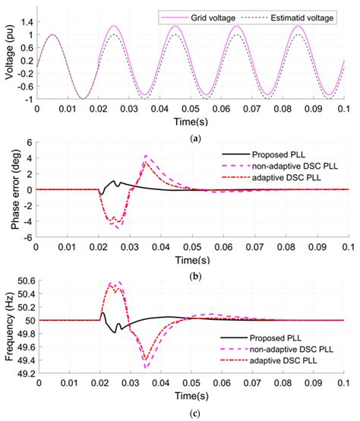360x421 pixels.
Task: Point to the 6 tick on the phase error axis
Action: tap(27, 142)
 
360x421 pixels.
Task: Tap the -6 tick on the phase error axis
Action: tap(25, 237)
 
